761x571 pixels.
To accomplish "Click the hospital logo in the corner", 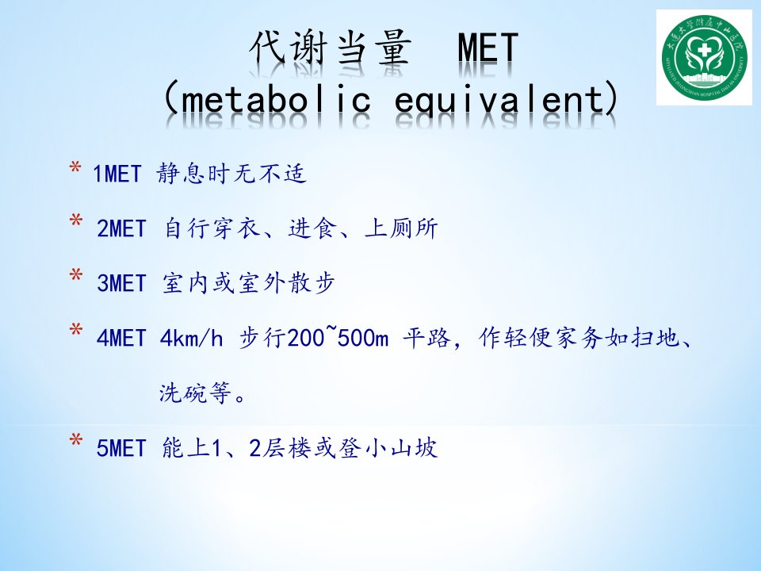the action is pos(704,58).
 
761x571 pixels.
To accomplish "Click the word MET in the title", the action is pos(488,48).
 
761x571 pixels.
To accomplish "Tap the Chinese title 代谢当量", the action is pos(331,48).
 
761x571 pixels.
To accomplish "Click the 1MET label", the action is pos(117,174).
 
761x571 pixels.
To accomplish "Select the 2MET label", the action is pos(121,228).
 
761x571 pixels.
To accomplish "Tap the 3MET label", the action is pos(121,284).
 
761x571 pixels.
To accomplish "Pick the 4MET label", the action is pos(121,338).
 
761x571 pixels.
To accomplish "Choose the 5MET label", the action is pos(121,447).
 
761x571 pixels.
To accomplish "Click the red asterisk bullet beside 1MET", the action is pos(75,168).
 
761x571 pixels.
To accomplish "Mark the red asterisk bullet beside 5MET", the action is pos(75,442).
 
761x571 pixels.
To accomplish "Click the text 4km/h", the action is pos(191,338).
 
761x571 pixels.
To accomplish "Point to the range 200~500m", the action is pos(338,337).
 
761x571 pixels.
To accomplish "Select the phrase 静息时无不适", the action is pos(231,174).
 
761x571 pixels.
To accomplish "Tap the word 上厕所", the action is pos(401,228).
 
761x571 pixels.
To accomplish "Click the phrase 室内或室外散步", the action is pos(248,283).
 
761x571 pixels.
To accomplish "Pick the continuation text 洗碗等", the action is pos(194,393).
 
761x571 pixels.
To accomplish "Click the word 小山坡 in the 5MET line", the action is pos(401,447).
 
